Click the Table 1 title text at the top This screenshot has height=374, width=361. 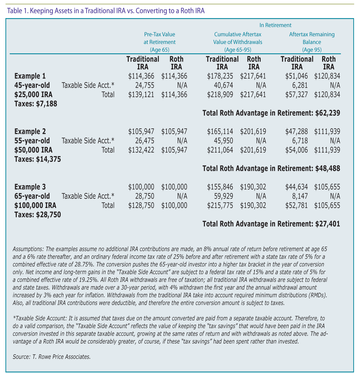coord(106,11)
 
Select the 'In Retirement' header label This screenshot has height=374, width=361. coord(275,25)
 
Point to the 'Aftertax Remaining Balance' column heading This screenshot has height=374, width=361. coord(312,42)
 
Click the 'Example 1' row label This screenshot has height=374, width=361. coord(30,76)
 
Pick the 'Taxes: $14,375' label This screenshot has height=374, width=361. coord(38,159)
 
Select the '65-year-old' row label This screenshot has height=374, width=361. coord(32,196)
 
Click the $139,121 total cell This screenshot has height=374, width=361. coord(141,95)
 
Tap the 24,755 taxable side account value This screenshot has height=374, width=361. coord(145,85)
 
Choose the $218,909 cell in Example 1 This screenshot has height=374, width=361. coord(220,95)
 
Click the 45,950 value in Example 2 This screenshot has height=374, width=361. coord(224,141)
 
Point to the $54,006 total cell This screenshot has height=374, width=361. coord(297,150)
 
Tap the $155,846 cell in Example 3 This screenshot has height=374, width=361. coord(220,187)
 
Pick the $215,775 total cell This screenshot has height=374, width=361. coord(220,205)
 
